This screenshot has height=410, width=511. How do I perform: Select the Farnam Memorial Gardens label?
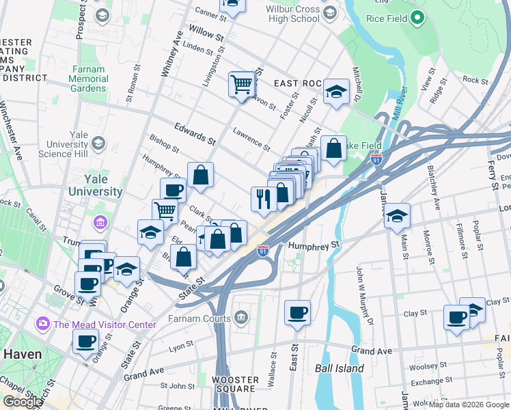point(88,79)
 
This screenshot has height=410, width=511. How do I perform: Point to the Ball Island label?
point(340,368)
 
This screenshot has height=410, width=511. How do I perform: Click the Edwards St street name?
point(195,133)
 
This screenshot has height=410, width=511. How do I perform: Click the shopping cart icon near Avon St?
point(241,85)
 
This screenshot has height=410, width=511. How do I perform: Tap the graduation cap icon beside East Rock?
point(335,92)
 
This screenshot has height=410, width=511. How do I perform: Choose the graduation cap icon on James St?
point(397,217)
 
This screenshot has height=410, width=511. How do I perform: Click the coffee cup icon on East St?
point(297,314)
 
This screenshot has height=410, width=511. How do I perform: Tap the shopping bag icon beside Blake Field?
point(333,148)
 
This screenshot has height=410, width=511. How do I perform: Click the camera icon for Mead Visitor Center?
point(42,323)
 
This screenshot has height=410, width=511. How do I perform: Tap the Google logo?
point(23,402)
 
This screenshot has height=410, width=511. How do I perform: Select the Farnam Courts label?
point(200,318)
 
